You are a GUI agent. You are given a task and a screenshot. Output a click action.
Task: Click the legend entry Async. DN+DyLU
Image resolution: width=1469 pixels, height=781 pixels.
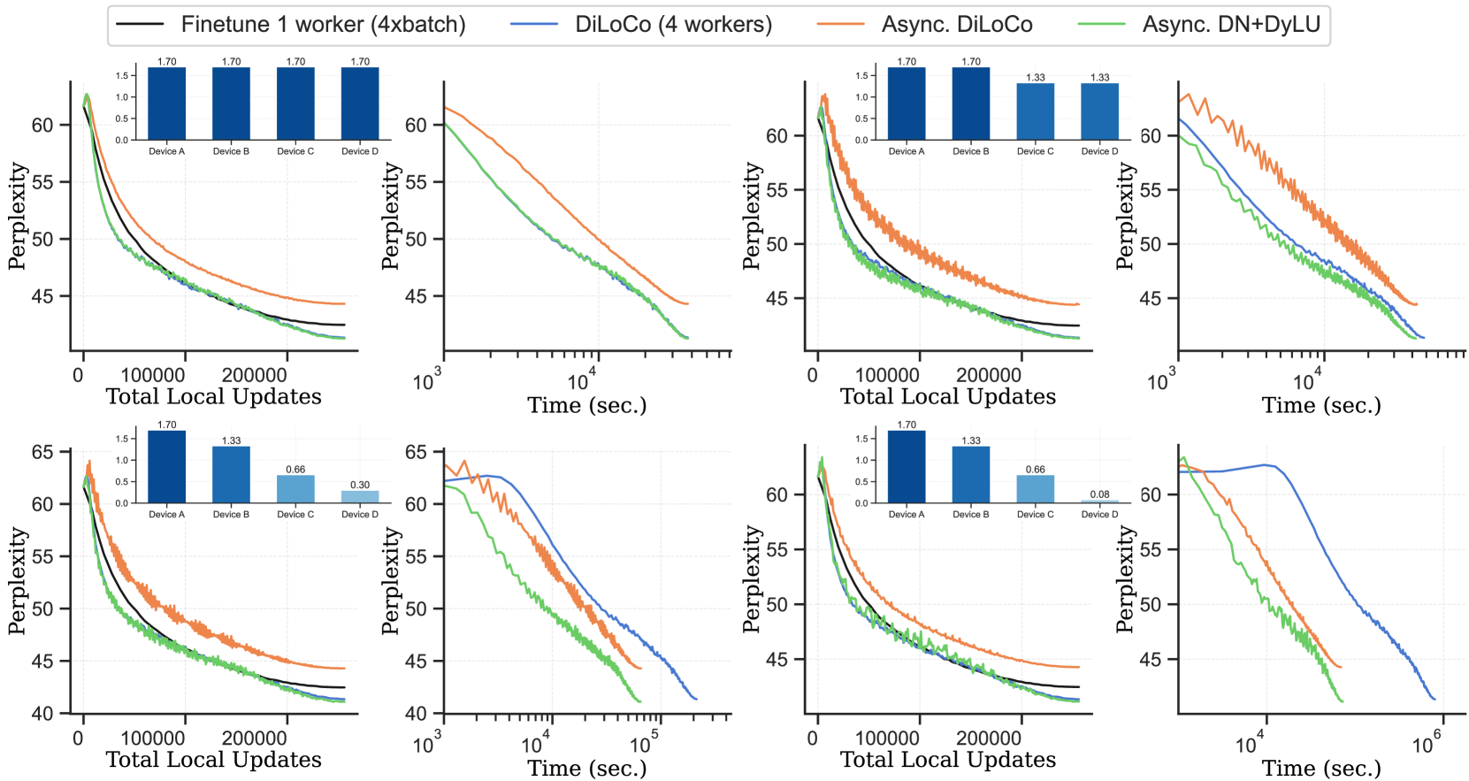1231,25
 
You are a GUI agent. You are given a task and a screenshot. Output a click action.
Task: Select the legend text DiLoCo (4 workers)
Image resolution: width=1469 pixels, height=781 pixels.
673,25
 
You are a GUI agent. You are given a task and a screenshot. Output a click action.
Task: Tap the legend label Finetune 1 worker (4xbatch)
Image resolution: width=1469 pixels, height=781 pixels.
323,25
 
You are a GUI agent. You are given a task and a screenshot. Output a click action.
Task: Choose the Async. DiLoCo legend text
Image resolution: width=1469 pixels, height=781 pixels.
957,25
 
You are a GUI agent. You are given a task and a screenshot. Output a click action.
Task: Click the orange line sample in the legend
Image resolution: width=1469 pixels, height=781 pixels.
840,25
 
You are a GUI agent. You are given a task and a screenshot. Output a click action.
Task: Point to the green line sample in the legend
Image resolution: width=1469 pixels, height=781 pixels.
1102,25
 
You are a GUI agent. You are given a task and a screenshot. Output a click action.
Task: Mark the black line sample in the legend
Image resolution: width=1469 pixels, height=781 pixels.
140,25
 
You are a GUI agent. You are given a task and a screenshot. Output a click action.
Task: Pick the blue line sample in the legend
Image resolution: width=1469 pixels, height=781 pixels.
534,25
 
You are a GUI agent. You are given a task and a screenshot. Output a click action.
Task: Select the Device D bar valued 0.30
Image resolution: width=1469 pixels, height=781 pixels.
360,497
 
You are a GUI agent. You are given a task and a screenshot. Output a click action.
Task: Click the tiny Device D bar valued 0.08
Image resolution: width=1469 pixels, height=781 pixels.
1099,502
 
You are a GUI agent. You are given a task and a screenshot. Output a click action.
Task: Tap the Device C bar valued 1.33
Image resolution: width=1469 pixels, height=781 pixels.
1036,111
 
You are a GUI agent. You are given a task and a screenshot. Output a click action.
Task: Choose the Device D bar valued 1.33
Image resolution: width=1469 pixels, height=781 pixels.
1099,111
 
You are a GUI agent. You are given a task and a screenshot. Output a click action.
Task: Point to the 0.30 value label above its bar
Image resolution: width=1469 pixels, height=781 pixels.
360,485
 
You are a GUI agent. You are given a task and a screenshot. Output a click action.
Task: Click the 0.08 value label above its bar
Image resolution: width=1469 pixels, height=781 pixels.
1099,494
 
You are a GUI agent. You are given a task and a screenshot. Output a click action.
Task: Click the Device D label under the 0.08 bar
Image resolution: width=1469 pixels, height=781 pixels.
1099,514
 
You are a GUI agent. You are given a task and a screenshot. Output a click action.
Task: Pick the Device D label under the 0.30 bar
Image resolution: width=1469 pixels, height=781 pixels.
360,514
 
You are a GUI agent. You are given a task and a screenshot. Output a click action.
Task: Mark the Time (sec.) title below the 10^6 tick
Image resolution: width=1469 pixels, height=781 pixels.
1321,768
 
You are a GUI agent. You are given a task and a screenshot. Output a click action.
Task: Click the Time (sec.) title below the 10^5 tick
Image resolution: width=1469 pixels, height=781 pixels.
587,768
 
